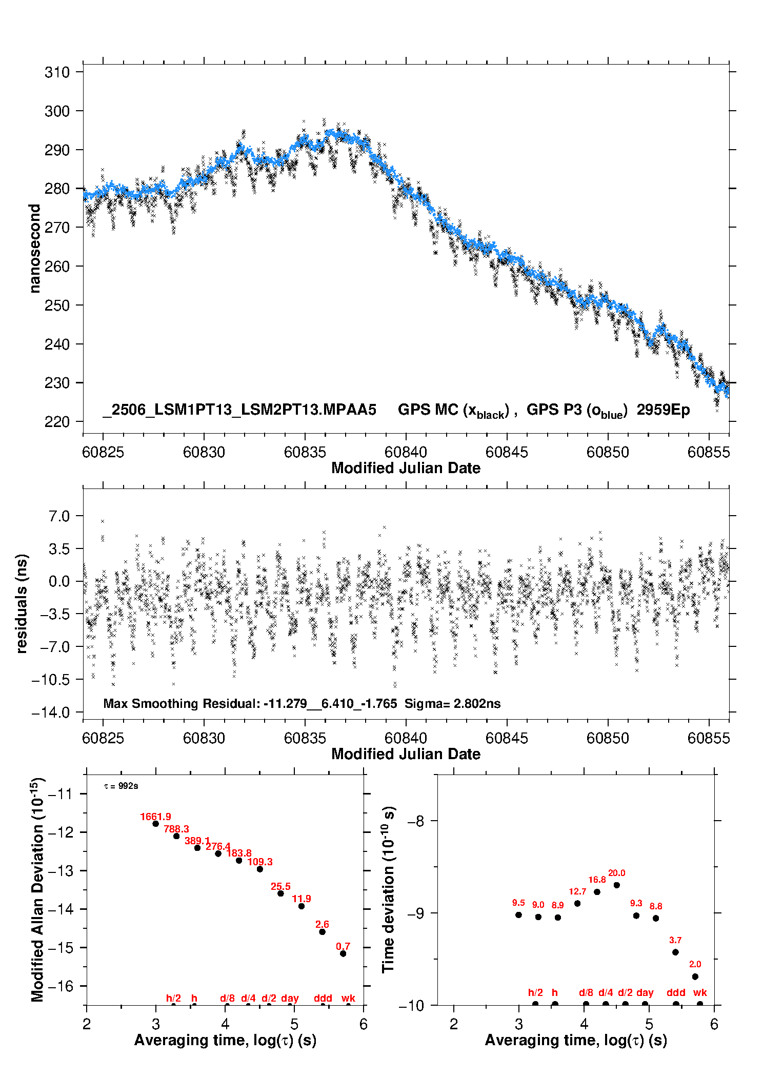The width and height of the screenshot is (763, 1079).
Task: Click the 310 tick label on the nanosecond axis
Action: click(x=56, y=72)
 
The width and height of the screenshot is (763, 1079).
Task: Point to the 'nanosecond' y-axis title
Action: click(x=34, y=249)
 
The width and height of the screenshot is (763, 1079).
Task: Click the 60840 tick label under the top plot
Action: click(x=406, y=452)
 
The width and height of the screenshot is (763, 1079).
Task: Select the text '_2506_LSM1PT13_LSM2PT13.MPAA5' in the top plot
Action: click(x=239, y=410)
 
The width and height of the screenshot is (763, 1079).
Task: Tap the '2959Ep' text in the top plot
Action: click(x=663, y=410)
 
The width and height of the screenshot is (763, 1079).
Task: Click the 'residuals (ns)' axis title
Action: click(x=21, y=603)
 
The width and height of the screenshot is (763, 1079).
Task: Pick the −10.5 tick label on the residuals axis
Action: click(x=50, y=680)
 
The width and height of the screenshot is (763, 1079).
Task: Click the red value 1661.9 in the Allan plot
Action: click(x=155, y=817)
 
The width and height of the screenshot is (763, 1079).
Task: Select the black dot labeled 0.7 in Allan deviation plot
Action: click(x=343, y=953)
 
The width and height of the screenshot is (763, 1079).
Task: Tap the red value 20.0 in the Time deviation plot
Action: click(x=616, y=873)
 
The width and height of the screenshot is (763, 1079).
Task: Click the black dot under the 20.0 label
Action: click(x=616, y=885)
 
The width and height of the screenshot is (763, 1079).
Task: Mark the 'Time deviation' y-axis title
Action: click(x=389, y=890)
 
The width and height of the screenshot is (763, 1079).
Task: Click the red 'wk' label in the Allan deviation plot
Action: click(x=348, y=998)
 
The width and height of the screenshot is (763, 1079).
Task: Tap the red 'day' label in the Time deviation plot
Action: click(x=645, y=993)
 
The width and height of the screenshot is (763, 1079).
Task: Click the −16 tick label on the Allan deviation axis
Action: click(x=60, y=986)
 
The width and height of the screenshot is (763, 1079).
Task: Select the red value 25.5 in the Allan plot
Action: click(x=280, y=886)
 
